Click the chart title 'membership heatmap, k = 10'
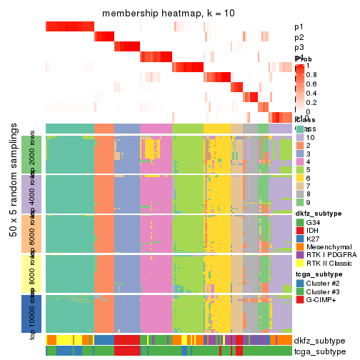(x=169, y=14)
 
